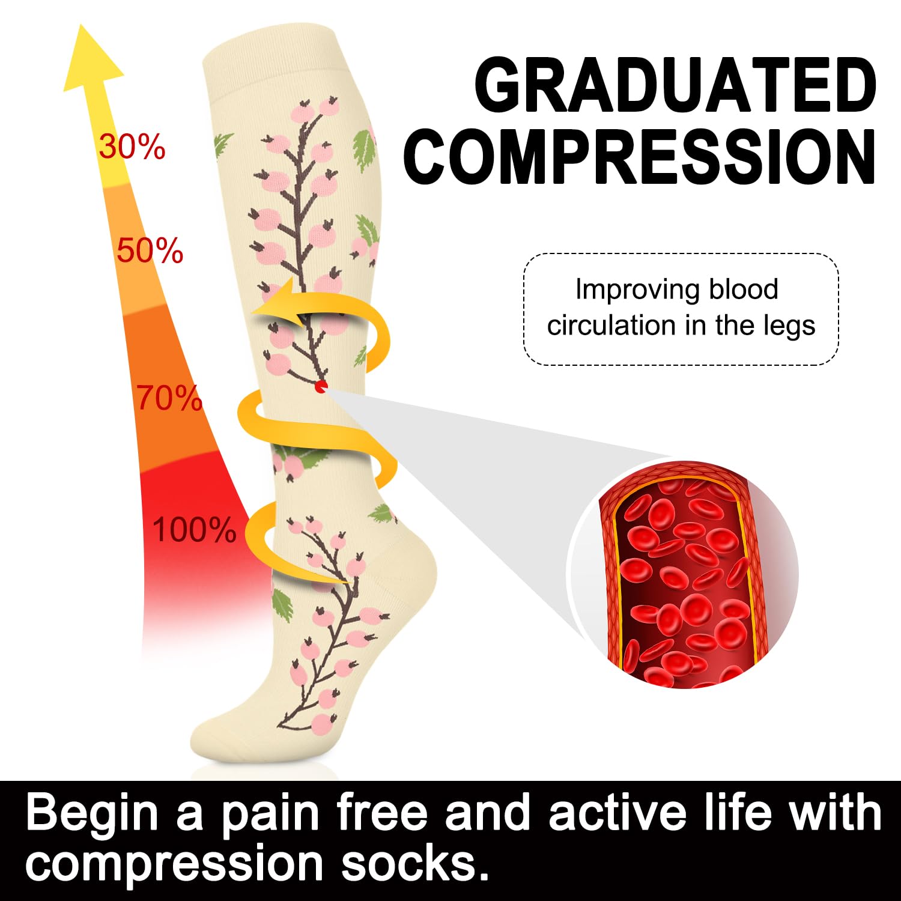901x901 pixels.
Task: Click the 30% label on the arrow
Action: [x=132, y=147]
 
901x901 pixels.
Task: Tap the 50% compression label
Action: [x=150, y=250]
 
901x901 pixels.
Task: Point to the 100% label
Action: [x=194, y=530]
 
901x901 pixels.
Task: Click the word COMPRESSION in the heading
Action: [x=640, y=157]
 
